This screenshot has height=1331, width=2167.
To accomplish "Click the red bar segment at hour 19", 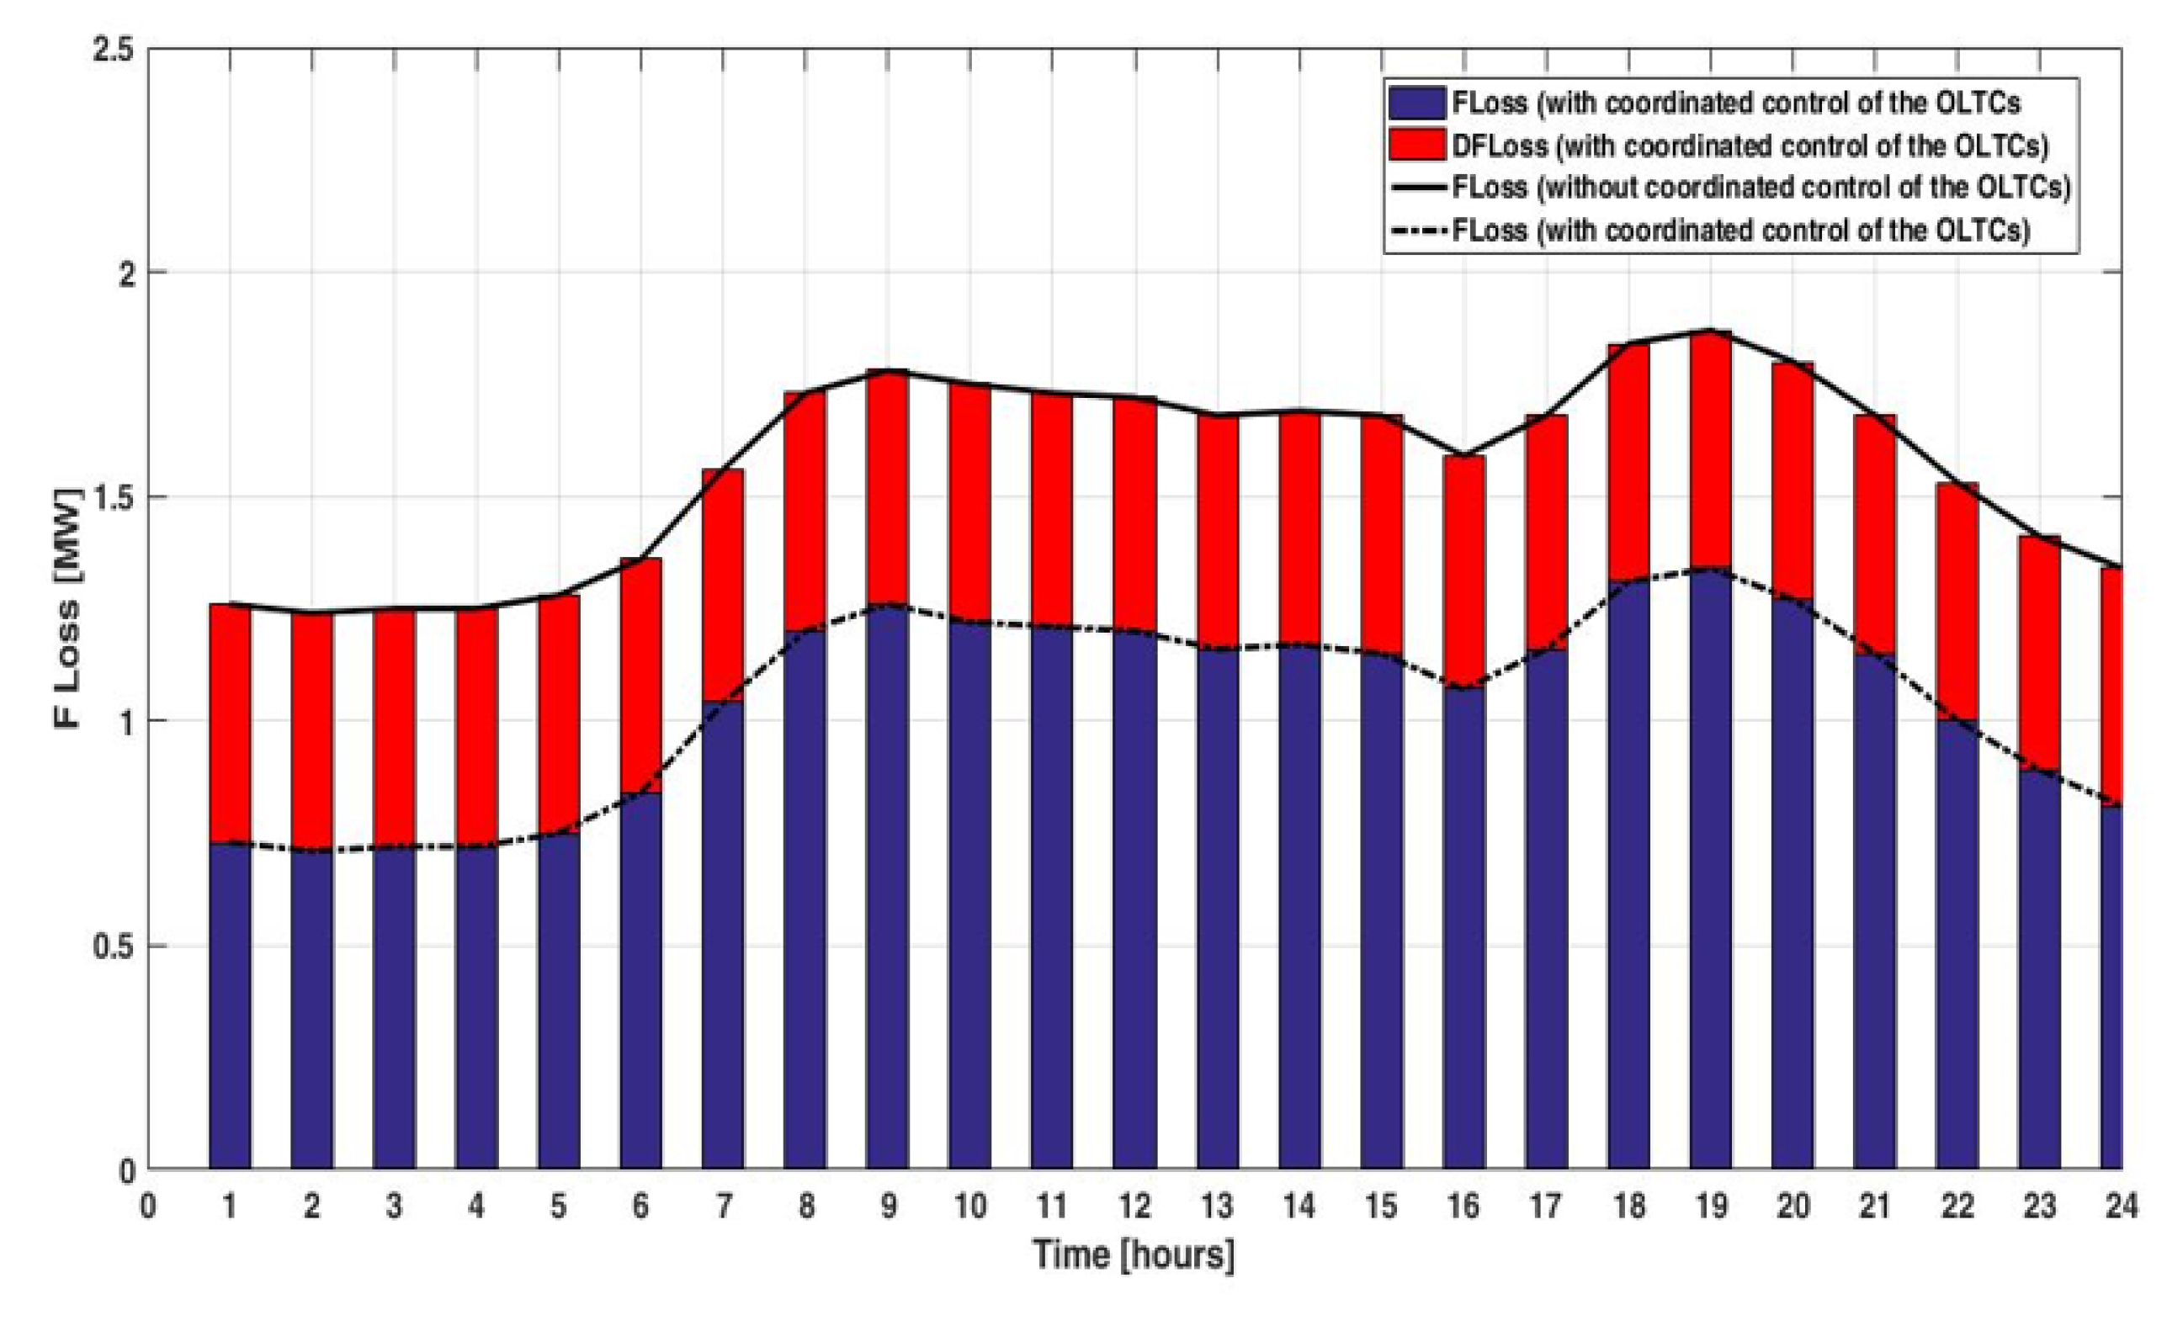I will coord(1710,449).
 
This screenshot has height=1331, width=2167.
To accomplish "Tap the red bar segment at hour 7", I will coord(723,586).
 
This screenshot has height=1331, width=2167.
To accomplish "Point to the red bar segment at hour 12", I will coord(1134,514).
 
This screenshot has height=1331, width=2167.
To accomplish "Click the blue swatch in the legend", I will coord(1417,103).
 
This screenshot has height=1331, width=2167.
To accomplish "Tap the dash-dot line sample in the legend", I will coord(1417,231).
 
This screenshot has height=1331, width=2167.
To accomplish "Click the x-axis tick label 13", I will coord(1216,1206).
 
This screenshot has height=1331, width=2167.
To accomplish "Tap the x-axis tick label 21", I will coord(1874,1206).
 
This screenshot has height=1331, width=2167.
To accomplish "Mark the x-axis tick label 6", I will coord(640,1206).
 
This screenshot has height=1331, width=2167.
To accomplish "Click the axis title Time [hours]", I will coord(1134,1254).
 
